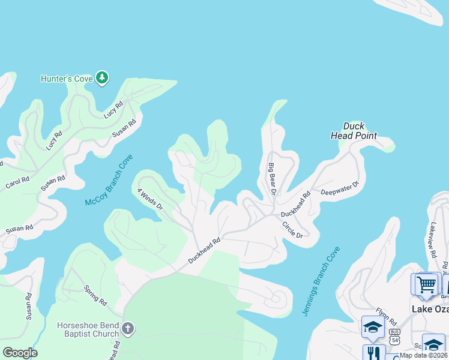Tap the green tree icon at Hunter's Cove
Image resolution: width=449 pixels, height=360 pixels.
[x=103, y=77]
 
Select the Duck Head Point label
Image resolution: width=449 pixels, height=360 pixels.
[x=354, y=131]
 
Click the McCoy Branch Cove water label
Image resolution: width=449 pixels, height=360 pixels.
[x=108, y=180]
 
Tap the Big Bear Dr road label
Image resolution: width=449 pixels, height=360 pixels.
[x=272, y=178]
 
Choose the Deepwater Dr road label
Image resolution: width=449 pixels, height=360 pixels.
[x=340, y=188]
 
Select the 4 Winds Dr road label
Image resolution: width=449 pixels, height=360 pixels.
[x=149, y=199]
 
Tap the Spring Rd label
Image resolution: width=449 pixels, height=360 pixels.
[x=95, y=295]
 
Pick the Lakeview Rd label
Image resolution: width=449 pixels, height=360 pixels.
[x=432, y=240]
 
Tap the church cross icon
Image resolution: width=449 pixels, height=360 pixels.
[x=127, y=328]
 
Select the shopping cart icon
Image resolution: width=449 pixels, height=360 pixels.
[x=426, y=284]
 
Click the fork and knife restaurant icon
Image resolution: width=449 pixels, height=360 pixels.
[x=373, y=352]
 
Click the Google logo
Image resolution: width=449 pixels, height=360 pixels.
[x=20, y=353]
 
